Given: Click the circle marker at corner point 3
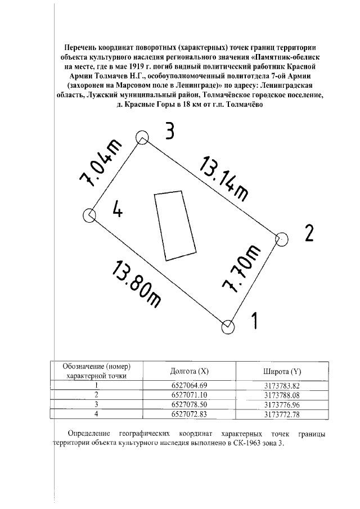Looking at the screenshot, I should click(142, 137).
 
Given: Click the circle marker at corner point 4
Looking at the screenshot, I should click(89, 215).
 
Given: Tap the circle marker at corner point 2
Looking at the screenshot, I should click(281, 239).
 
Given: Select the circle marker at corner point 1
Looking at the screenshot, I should click(228, 326).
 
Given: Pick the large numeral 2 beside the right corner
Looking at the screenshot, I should click(308, 233).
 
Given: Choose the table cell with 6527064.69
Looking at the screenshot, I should click(189, 385).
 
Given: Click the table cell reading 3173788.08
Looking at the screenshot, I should click(282, 395).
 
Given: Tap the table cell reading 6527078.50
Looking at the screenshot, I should click(189, 404).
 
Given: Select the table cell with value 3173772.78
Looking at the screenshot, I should click(282, 414).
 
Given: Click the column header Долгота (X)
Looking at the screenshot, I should click(189, 371).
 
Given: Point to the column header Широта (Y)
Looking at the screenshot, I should click(282, 371).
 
